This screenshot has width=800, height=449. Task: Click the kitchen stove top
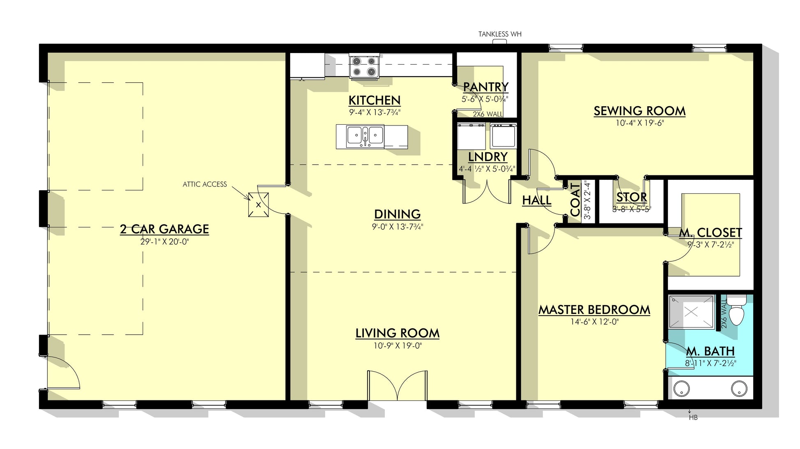pos(364,66)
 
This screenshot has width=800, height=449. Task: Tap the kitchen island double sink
pos(365,136)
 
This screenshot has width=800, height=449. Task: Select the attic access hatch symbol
pos(258,205)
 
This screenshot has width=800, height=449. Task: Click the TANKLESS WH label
pos(500,34)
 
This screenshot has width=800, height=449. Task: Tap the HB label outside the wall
pos(693,418)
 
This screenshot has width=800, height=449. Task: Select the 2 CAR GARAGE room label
pos(164,229)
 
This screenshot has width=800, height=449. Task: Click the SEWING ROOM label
pos(640,111)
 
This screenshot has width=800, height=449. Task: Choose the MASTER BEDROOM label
pos(594,310)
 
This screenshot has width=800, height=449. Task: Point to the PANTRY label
pos(486,87)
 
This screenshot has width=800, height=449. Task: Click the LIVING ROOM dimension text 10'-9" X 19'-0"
pos(398,346)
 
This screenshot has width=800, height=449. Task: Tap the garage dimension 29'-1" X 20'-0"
pos(164,242)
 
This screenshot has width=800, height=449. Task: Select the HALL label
pos(536,200)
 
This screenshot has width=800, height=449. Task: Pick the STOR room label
pos(632,198)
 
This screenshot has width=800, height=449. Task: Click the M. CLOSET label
pos(711,233)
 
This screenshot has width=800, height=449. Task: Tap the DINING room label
pos(398,214)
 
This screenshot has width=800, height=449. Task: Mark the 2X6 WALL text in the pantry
pos(488,114)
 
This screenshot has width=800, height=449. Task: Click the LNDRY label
pos(488,157)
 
